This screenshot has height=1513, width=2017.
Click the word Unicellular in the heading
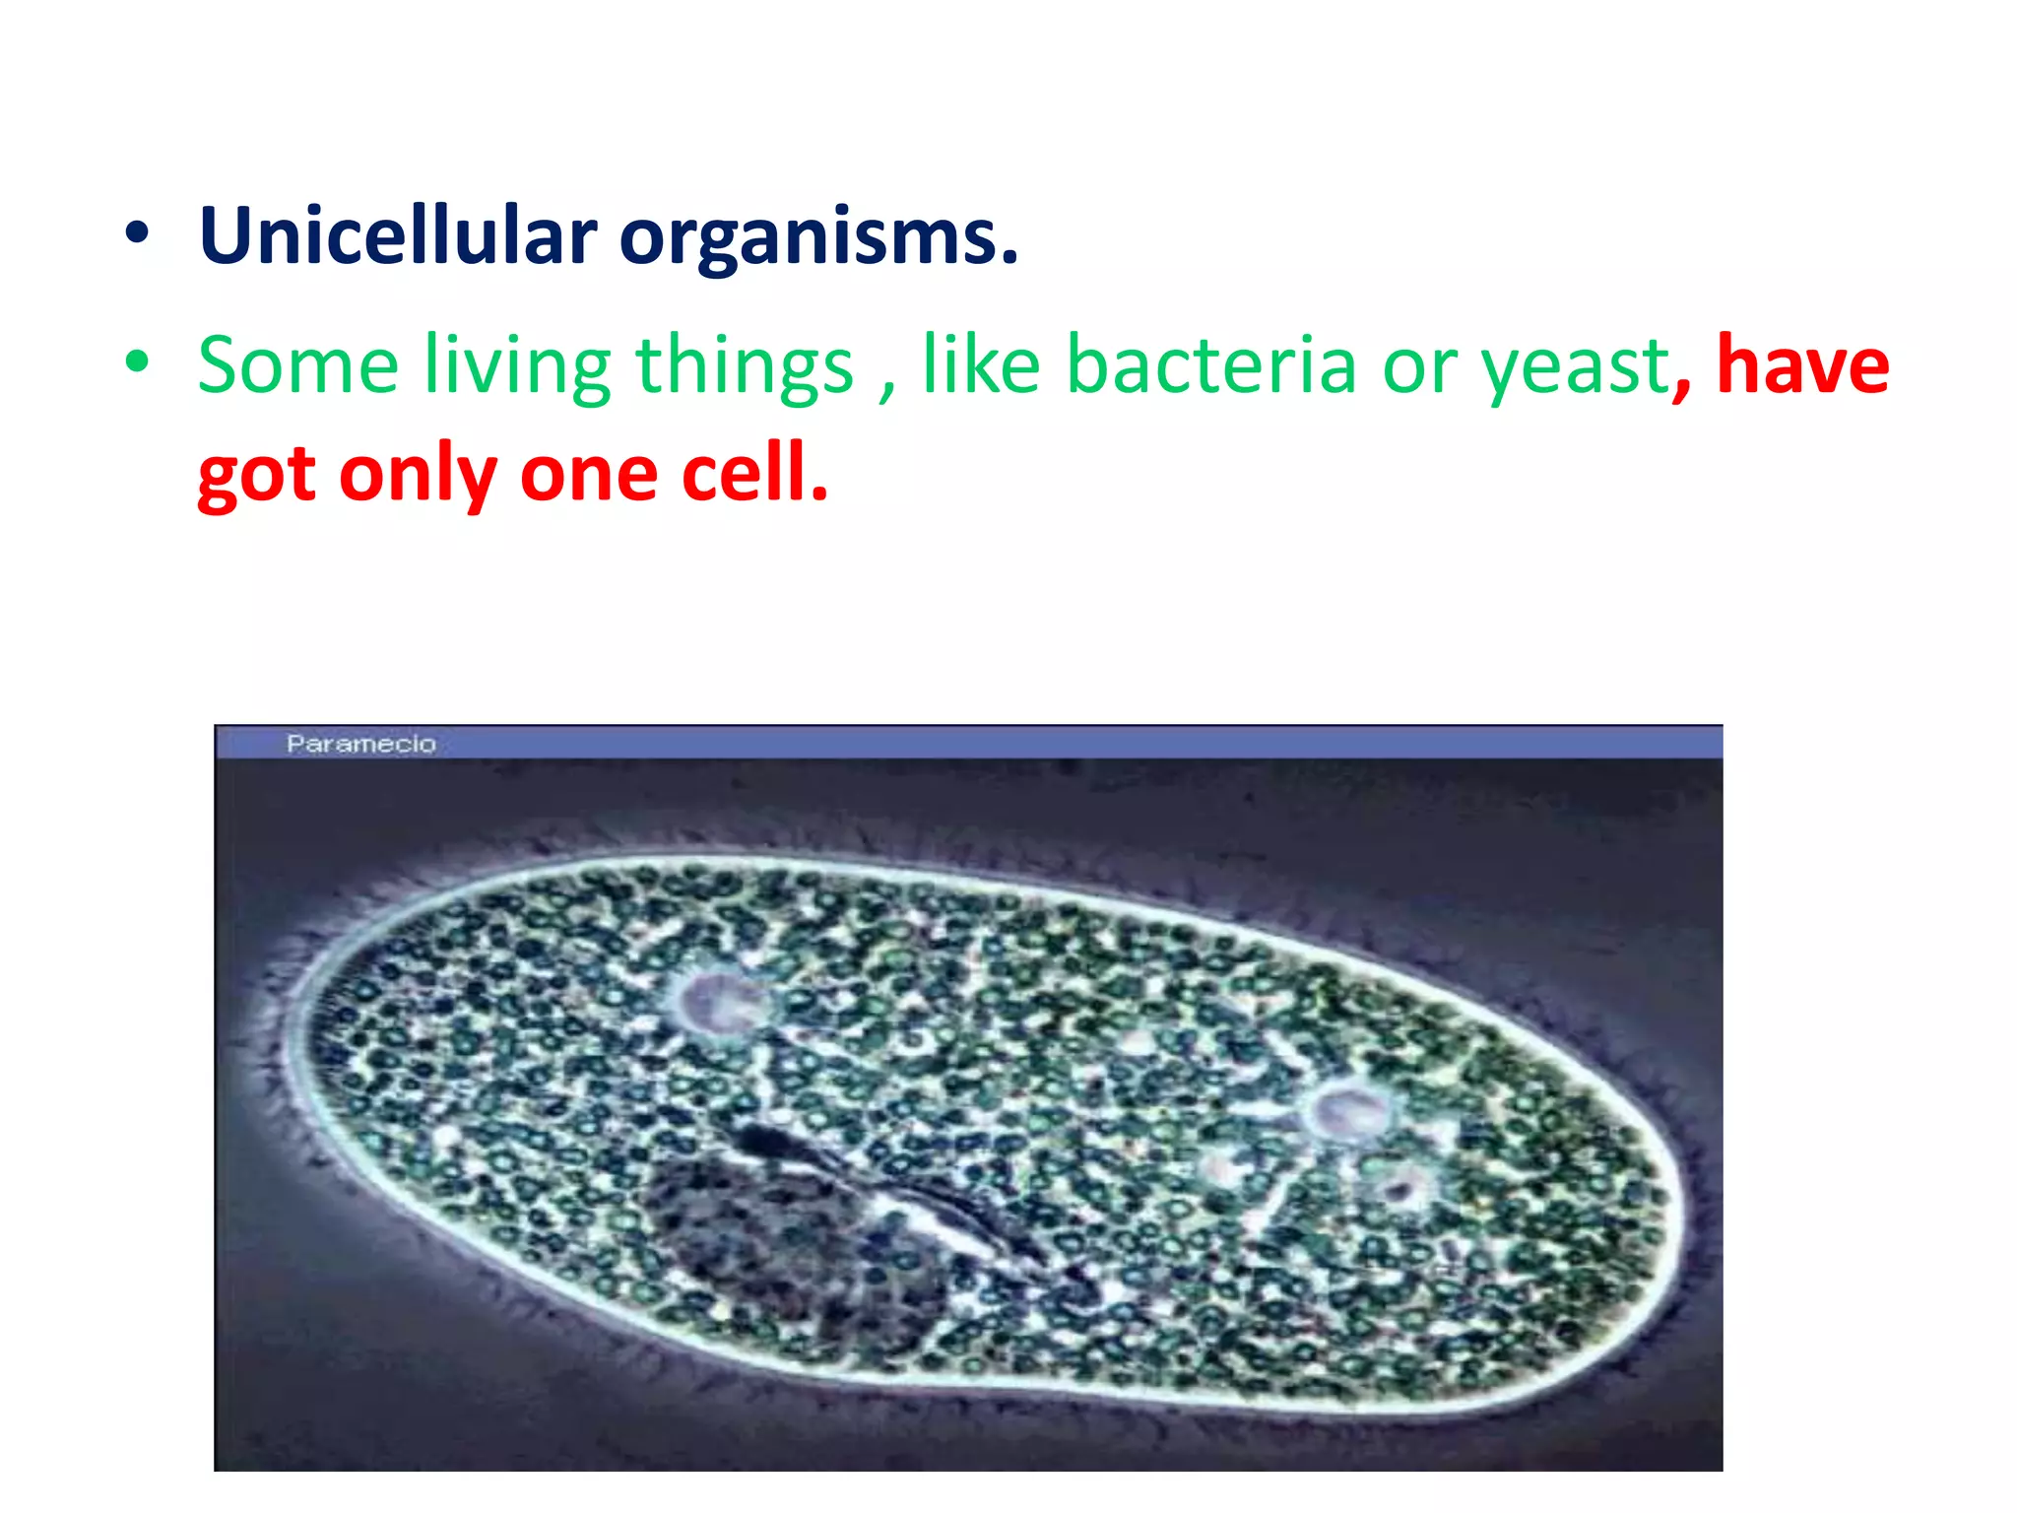[398, 236]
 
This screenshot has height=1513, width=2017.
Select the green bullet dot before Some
[138, 362]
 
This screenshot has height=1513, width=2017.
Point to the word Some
[297, 364]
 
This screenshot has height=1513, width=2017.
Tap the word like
[981, 364]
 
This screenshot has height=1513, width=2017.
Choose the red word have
[1802, 364]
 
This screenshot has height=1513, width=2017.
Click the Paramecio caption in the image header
[360, 744]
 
